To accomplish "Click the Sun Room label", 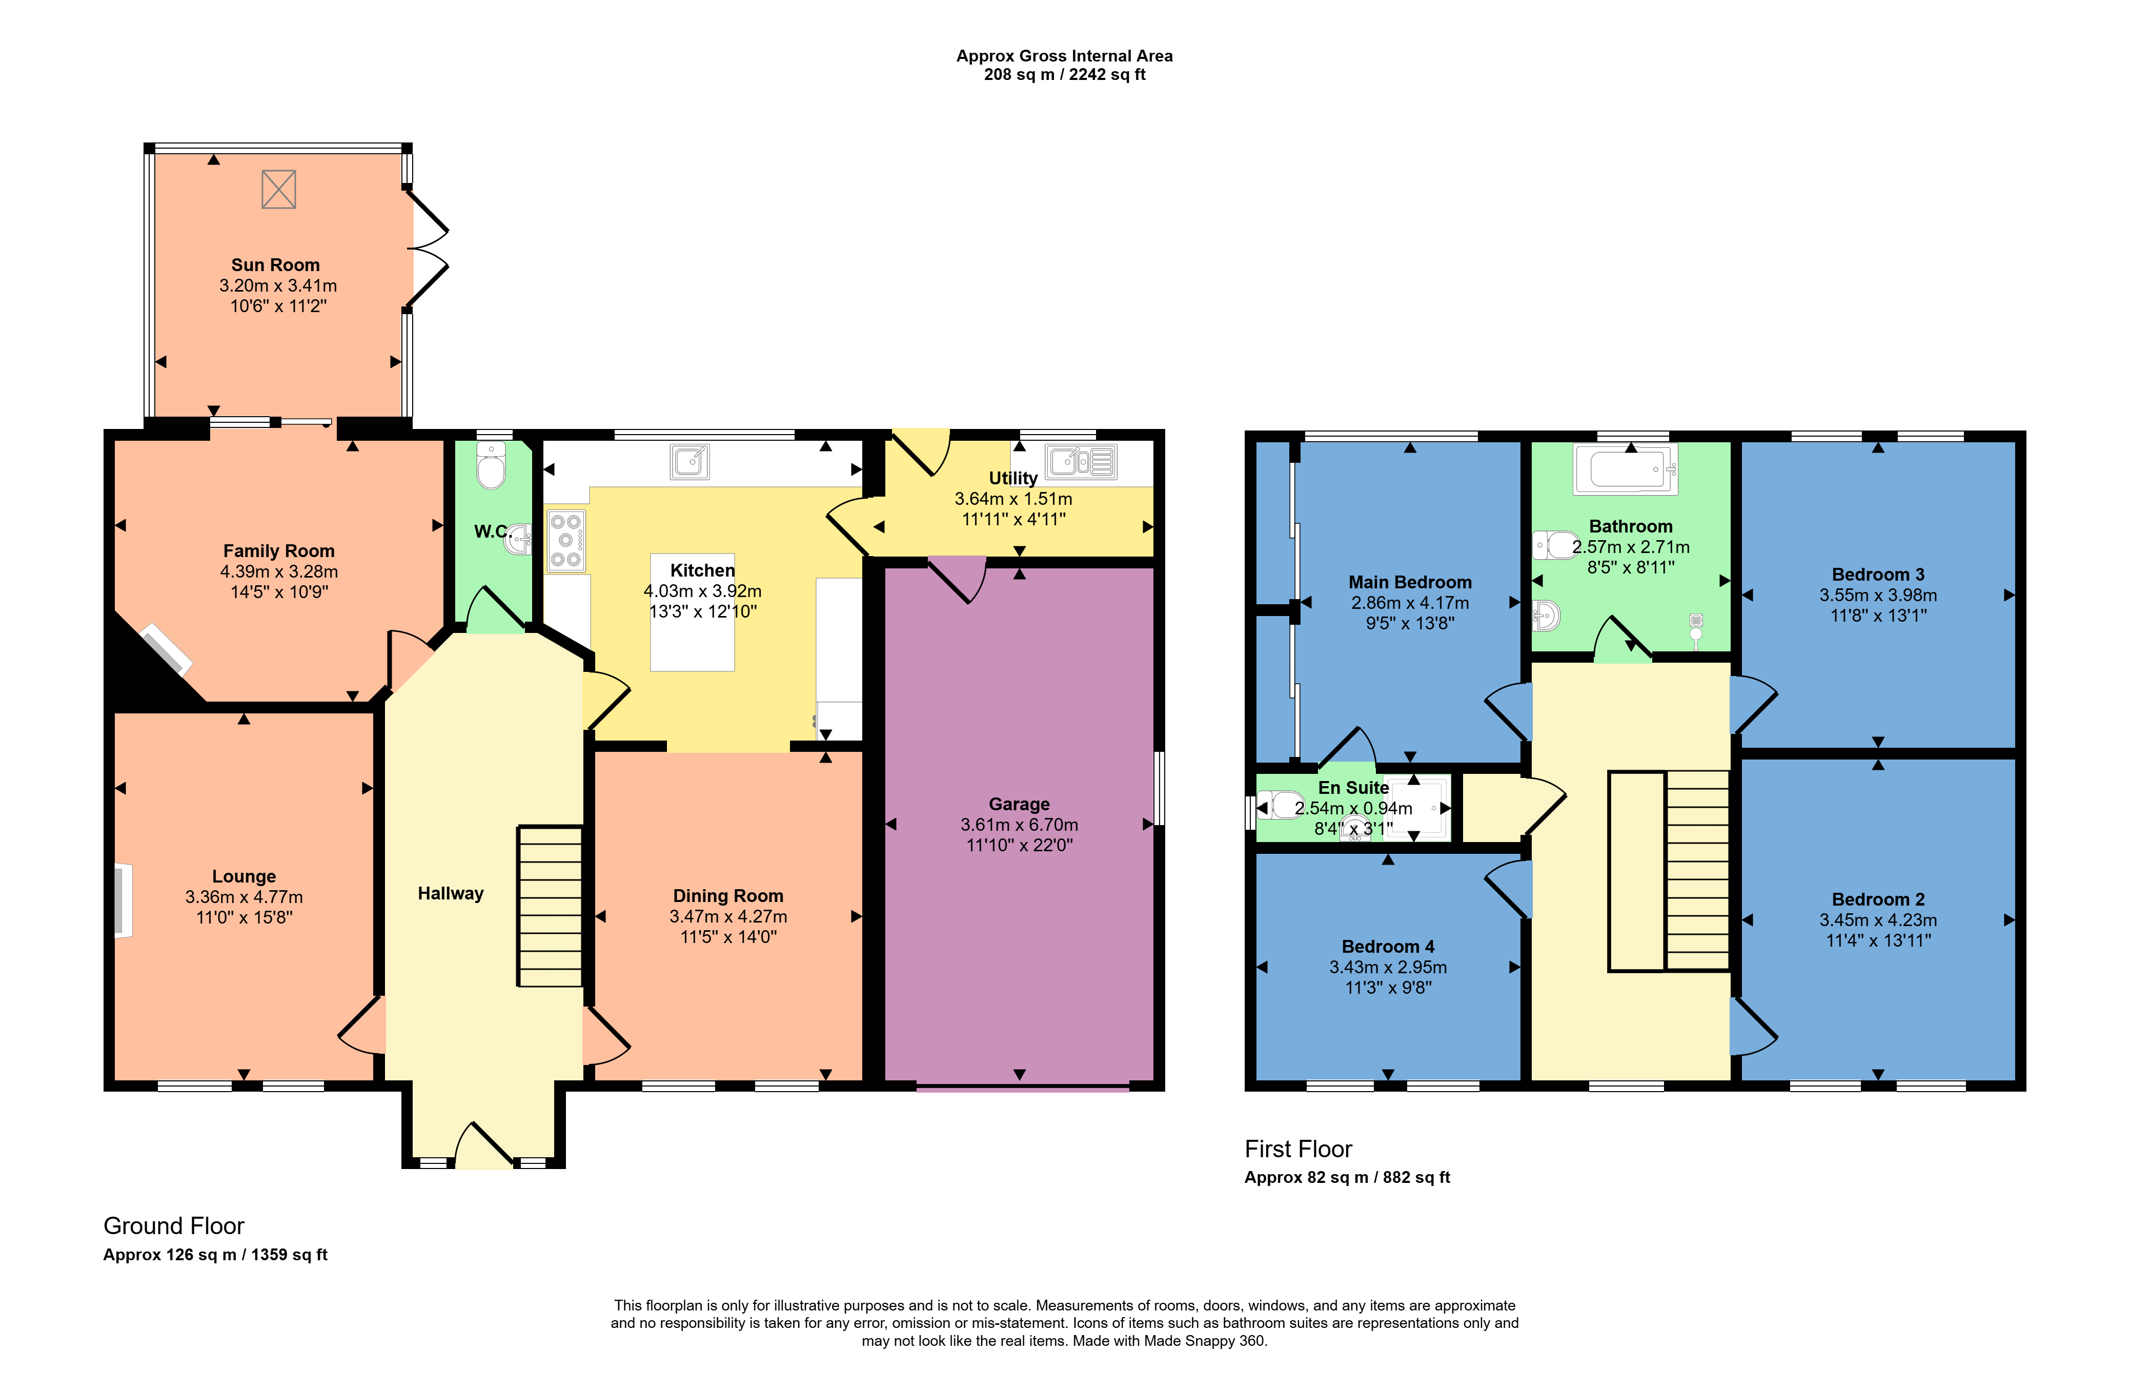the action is click(275, 265).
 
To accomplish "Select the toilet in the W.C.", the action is click(491, 464).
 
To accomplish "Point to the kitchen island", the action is click(693, 612).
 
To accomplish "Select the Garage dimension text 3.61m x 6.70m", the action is click(1019, 825).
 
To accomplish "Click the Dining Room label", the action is click(728, 896).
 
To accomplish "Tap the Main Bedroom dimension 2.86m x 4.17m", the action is click(1410, 603).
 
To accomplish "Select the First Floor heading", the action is click(1298, 1149).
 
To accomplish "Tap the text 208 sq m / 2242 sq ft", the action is click(1065, 75).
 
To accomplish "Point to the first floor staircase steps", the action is click(1697, 870).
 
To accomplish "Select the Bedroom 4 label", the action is click(1388, 947).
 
